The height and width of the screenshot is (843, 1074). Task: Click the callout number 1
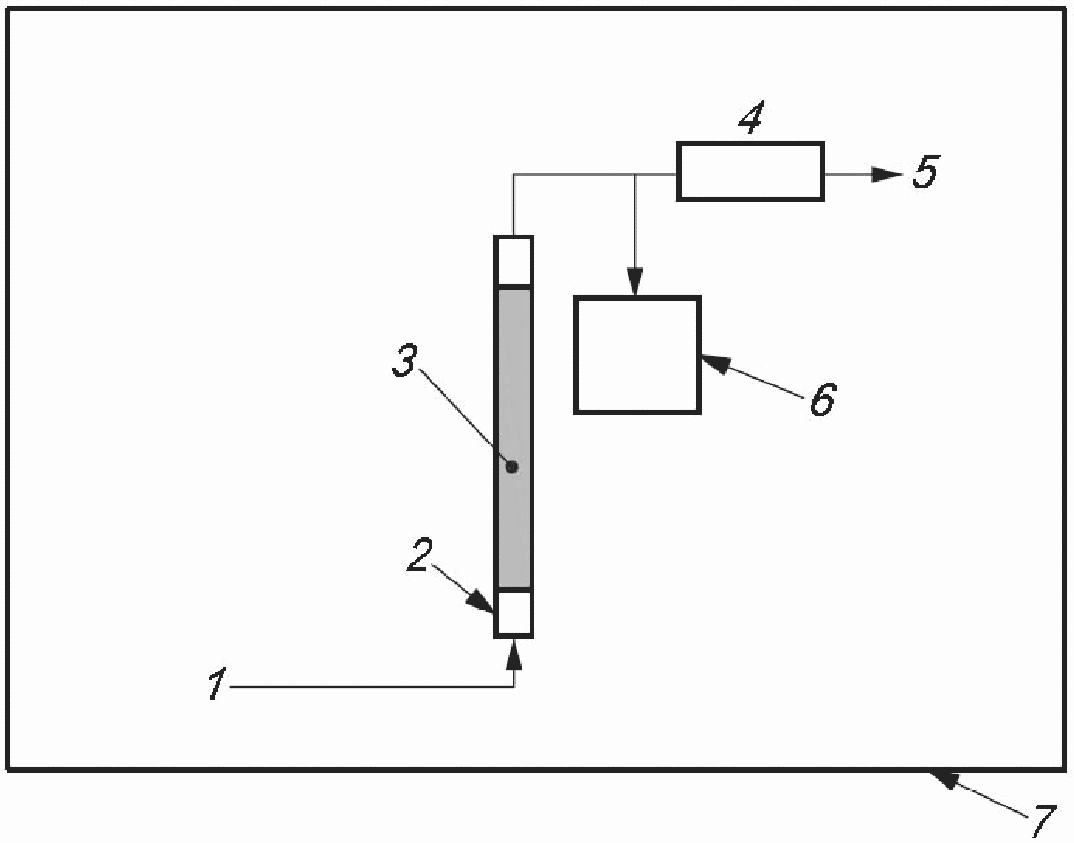click(x=217, y=686)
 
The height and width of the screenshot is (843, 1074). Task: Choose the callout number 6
click(x=822, y=399)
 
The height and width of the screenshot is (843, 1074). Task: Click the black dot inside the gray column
click(x=511, y=466)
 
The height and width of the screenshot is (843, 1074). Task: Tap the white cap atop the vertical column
click(x=514, y=261)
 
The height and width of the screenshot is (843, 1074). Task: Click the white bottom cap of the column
click(x=514, y=613)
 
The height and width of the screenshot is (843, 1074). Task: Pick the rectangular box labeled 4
click(x=750, y=171)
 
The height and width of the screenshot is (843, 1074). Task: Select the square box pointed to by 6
click(x=637, y=355)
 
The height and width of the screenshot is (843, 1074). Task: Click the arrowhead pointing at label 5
click(x=886, y=173)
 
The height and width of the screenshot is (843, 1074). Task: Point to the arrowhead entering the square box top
click(x=636, y=285)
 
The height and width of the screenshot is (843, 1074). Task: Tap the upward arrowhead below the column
click(x=514, y=653)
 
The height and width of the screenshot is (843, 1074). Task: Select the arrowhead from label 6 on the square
click(x=713, y=363)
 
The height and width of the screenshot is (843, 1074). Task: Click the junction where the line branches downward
click(x=636, y=174)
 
